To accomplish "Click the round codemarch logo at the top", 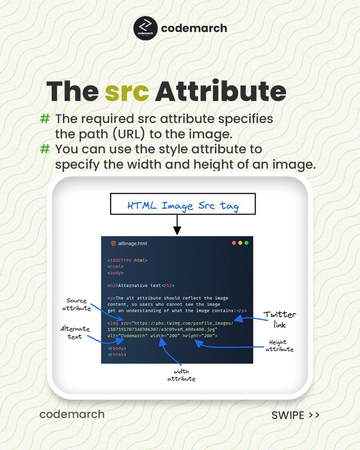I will [x=144, y=28].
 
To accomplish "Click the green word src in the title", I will [x=126, y=91].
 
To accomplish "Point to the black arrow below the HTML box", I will [x=177, y=226].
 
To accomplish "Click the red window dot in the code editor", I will [x=234, y=243].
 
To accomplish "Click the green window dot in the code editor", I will [x=246, y=243].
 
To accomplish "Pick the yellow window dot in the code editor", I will [x=240, y=243].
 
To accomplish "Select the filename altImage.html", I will [x=132, y=243].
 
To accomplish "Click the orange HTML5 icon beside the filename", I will [x=113, y=243].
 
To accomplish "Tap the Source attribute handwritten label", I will [x=76, y=304].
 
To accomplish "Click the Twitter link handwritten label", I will [x=279, y=319].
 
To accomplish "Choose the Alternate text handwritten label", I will [x=75, y=333].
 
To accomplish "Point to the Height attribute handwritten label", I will [x=279, y=346].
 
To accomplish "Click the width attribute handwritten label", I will [x=181, y=375].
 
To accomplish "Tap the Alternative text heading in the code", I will [x=141, y=285].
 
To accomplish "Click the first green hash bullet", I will [x=45, y=119].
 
